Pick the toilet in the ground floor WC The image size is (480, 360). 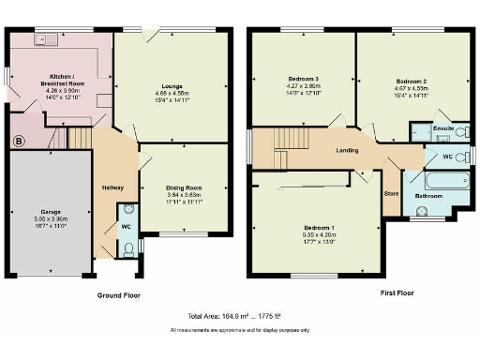tap(128, 248)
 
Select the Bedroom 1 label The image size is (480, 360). tap(320, 227)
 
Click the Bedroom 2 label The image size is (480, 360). tap(412, 81)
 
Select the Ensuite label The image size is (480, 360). tap(443, 127)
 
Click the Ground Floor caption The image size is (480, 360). tap(120, 294)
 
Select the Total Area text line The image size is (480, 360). tap(240, 317)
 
